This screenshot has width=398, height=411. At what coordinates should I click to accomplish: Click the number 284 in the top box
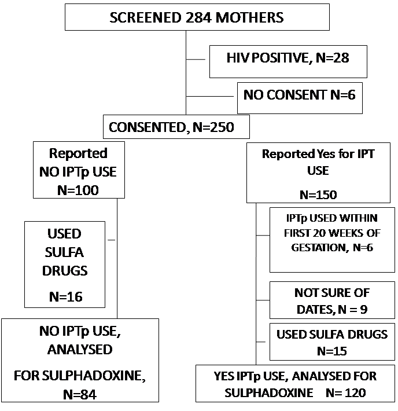pos(198,17)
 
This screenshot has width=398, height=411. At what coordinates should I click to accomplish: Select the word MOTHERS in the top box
pos(249,17)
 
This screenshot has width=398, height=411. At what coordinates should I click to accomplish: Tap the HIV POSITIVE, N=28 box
pos(288,61)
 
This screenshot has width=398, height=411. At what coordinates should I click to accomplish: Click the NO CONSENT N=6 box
pos(300,98)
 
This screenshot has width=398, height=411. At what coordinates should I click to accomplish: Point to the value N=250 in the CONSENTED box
pos(213,127)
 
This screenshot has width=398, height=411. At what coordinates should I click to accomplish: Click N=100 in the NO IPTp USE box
pos(78,190)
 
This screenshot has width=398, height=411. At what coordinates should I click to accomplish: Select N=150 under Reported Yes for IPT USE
pos(318,195)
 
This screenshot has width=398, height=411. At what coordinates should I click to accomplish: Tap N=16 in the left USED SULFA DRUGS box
pos(66,297)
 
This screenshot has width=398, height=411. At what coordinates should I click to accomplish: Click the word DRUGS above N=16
pos(65,270)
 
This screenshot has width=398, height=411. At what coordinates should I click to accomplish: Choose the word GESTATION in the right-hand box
pos(320,247)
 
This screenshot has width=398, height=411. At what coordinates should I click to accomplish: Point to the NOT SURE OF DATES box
pos(332,300)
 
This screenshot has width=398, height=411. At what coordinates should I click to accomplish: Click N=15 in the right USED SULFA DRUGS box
pos(332,351)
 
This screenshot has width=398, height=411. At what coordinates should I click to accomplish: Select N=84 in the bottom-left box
pos(80,394)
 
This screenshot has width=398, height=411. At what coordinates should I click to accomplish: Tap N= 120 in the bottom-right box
pos(346,393)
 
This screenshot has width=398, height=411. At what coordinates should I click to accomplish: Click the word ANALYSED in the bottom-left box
pos(80,350)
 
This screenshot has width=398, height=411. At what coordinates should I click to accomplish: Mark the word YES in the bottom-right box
pos(224,376)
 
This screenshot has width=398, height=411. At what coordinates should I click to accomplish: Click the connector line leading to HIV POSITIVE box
pos(196,60)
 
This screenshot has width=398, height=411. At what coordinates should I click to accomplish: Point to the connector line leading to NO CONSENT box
pos(209,97)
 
